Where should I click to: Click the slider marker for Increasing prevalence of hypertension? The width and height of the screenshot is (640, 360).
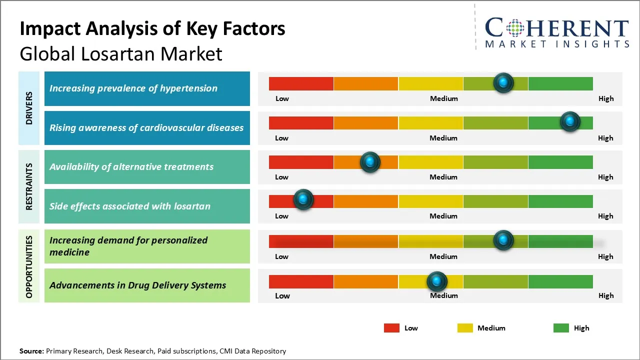503,82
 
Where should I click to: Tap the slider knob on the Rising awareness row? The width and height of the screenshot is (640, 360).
569,121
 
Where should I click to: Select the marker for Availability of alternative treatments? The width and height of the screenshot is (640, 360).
370,161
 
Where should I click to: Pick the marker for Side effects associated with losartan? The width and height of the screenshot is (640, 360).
303,199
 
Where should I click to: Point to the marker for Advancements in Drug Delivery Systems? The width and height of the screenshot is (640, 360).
437,281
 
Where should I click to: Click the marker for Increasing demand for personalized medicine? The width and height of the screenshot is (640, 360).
503,240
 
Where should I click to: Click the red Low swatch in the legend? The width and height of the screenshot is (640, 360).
391,328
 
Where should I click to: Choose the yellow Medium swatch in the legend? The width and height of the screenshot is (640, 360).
465,328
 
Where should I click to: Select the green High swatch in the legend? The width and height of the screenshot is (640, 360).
561,328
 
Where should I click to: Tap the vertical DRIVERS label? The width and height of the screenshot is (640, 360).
29,108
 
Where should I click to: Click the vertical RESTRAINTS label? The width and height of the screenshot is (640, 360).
29,186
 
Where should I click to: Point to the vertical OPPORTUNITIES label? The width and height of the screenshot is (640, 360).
29,266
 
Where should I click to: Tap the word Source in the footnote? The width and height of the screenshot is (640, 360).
31,351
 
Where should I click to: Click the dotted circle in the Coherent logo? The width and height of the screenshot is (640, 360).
515,28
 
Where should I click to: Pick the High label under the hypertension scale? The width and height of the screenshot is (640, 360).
606,98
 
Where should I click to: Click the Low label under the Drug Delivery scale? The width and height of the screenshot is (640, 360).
282,295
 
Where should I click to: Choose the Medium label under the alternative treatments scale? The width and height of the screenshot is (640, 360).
443,177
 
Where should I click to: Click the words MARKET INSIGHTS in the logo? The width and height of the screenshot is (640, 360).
557,44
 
